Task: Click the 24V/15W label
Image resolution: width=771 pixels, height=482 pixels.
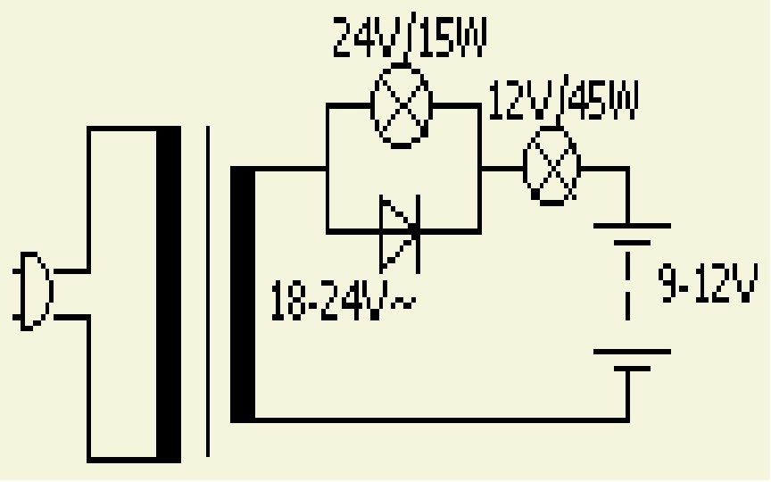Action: point(410,37)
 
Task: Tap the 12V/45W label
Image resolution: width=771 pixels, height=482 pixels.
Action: point(563,99)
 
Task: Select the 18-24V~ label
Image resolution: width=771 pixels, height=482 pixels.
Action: point(344,300)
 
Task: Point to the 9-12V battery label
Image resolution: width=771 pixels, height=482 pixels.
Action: point(707,284)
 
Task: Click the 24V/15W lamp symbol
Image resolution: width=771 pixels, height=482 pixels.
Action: point(402,105)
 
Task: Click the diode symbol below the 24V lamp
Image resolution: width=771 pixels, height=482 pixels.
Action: point(400,233)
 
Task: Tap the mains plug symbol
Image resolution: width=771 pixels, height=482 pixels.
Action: point(32,291)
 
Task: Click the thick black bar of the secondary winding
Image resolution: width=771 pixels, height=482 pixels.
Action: point(243,295)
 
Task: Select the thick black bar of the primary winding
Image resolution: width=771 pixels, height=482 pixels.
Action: point(169,295)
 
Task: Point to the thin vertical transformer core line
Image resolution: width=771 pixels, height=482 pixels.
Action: point(208,291)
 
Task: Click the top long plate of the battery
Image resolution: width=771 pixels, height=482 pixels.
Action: point(633,226)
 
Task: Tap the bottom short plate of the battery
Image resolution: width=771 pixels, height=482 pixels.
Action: point(633,369)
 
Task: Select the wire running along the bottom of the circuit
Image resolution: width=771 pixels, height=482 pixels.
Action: point(442,420)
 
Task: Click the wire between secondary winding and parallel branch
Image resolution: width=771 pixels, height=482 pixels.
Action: point(291,170)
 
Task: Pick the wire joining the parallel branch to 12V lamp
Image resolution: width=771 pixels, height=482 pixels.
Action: point(502,169)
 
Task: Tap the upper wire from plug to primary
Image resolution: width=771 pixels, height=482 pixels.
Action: point(71,271)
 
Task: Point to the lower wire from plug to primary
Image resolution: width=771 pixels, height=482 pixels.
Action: point(71,317)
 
